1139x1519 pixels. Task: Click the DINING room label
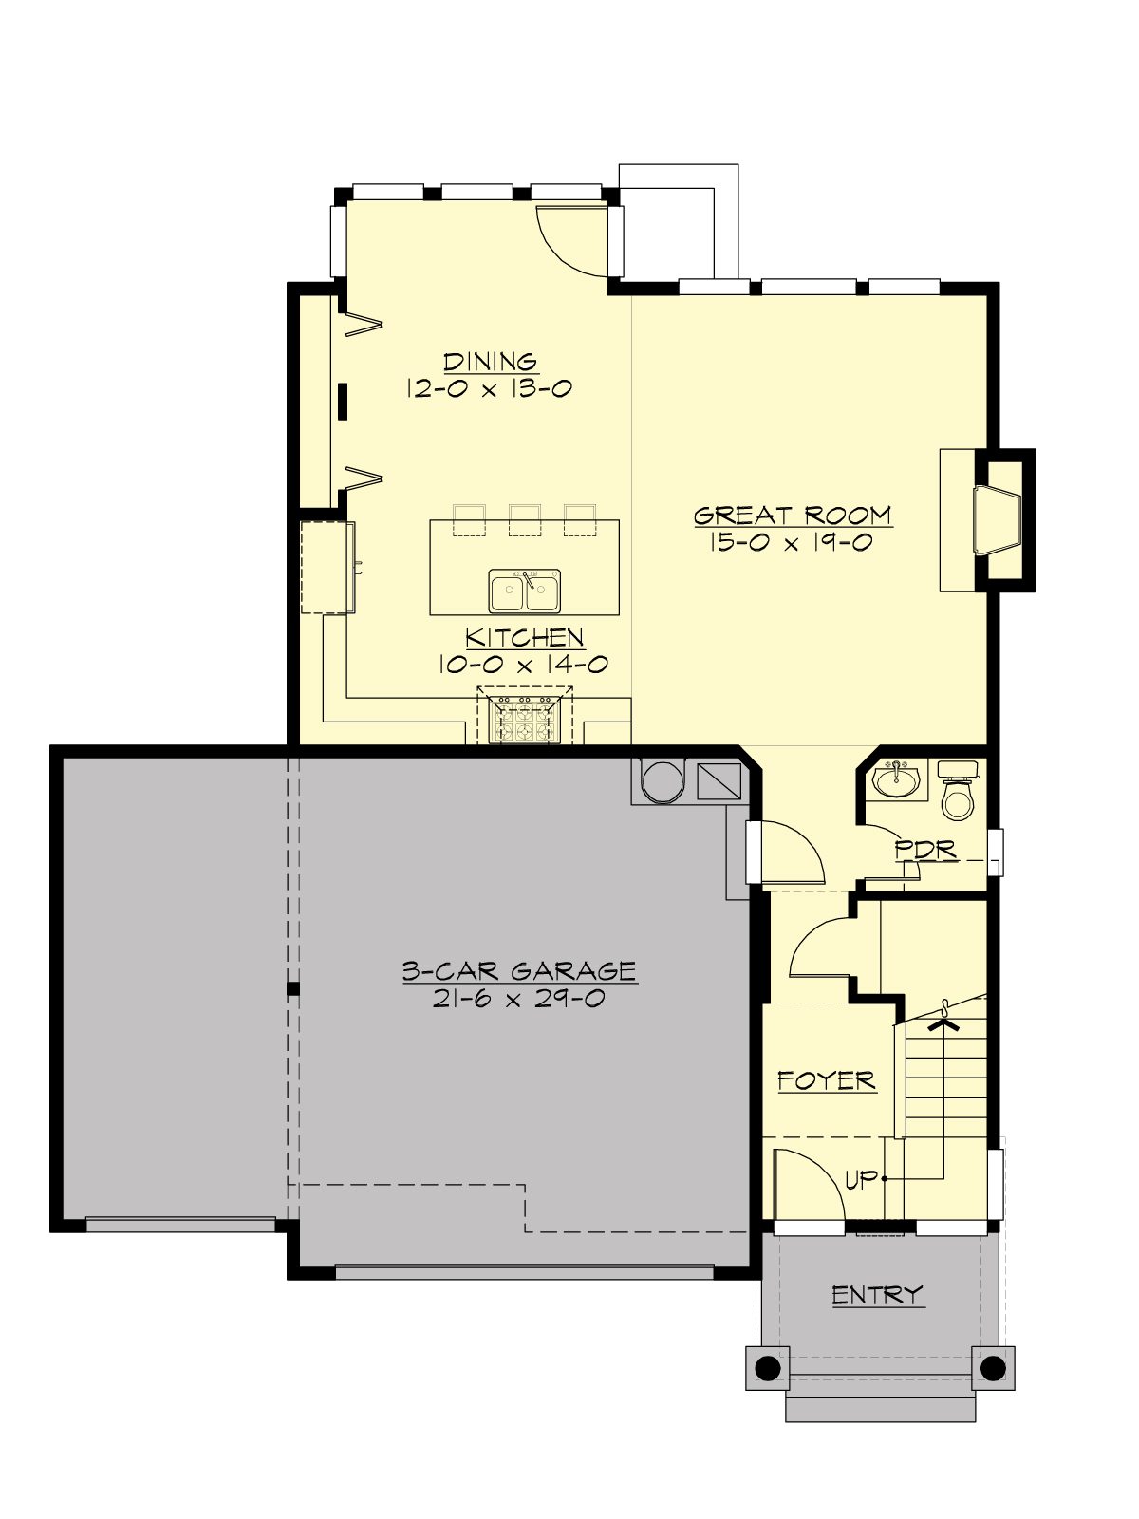pyautogui.click(x=491, y=362)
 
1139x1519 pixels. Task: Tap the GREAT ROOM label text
pyautogui.click(x=793, y=516)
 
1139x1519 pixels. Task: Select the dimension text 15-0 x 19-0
pyautogui.click(x=791, y=543)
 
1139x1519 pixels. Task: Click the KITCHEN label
pyautogui.click(x=524, y=637)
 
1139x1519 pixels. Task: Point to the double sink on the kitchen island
pyautogui.click(x=525, y=591)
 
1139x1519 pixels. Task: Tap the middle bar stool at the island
pyautogui.click(x=525, y=520)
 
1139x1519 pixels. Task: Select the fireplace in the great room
pyautogui.click(x=997, y=519)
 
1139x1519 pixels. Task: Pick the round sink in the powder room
pyautogui.click(x=896, y=780)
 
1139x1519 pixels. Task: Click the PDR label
pyautogui.click(x=925, y=850)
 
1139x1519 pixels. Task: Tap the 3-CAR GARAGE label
pyautogui.click(x=519, y=971)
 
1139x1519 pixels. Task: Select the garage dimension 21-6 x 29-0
pyautogui.click(x=519, y=999)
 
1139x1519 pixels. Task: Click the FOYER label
pyautogui.click(x=826, y=1080)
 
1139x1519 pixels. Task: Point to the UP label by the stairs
pyautogui.click(x=861, y=1179)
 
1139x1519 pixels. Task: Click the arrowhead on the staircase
pyautogui.click(x=943, y=1024)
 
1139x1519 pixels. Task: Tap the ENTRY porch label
pyautogui.click(x=877, y=1295)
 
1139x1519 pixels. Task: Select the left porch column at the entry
pyautogui.click(x=768, y=1368)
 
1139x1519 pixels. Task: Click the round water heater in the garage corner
pyautogui.click(x=663, y=781)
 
